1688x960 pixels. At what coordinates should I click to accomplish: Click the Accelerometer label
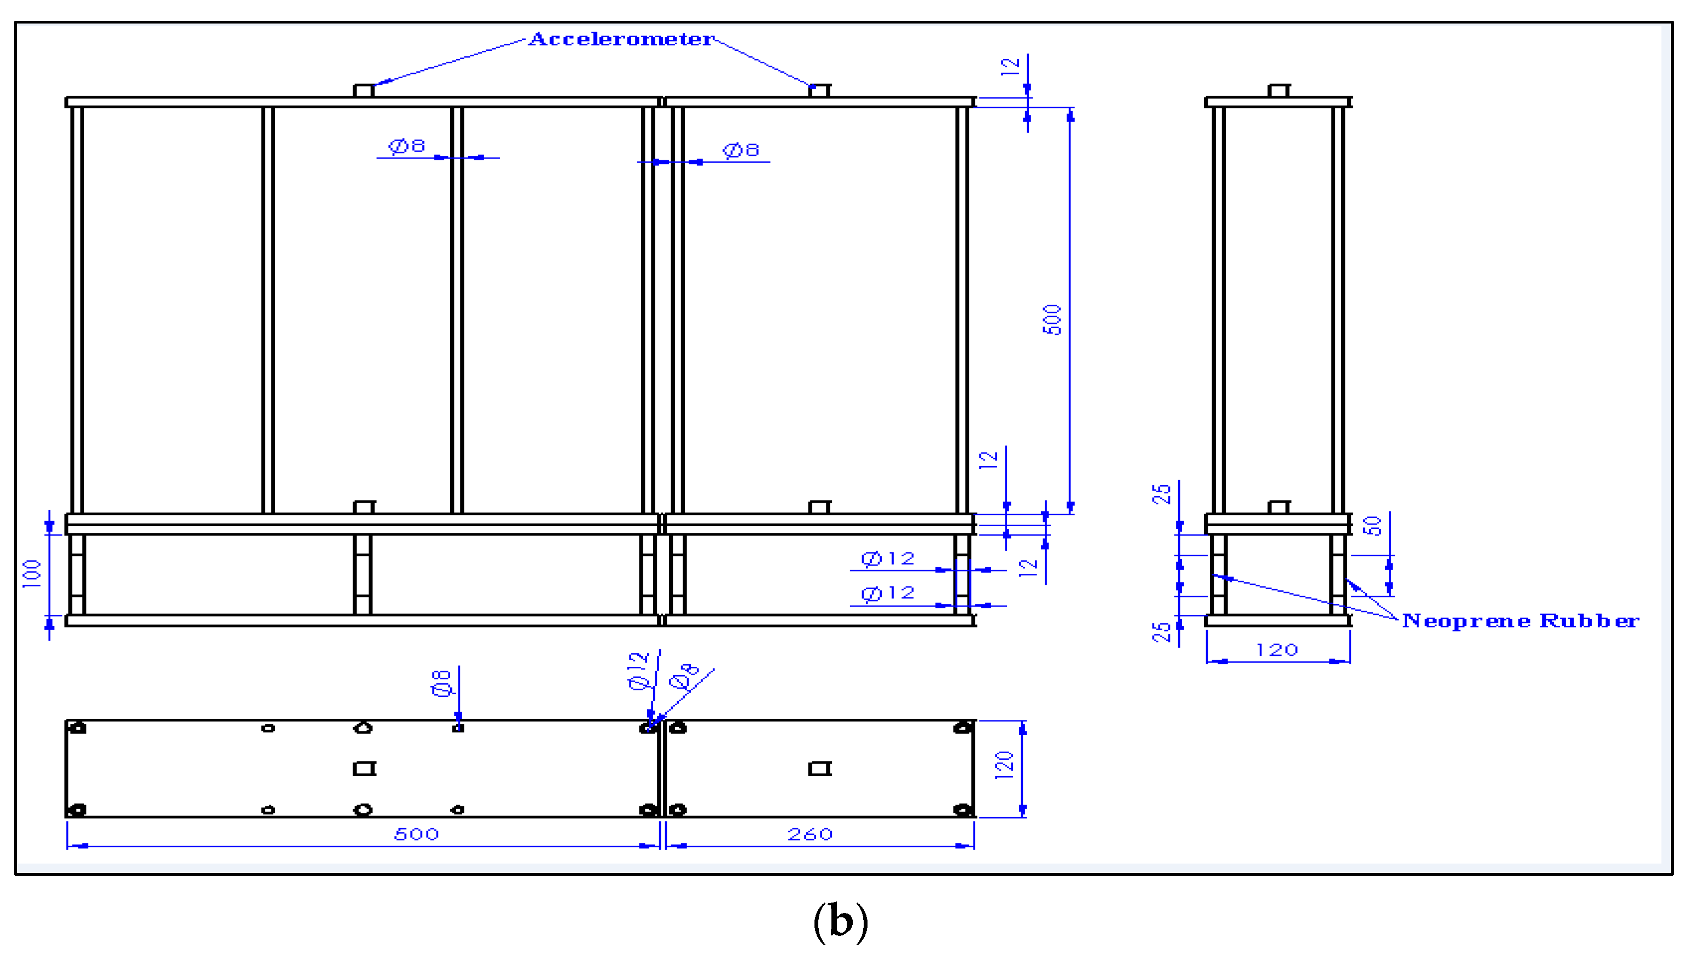pyautogui.click(x=620, y=39)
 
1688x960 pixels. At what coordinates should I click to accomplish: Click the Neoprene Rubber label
pyautogui.click(x=1520, y=621)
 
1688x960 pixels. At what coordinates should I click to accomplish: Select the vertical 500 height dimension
pyautogui.click(x=1052, y=320)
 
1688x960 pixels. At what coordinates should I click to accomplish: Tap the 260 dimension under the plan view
pyautogui.click(x=810, y=834)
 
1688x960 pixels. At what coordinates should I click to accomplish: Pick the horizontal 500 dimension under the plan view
pyautogui.click(x=417, y=834)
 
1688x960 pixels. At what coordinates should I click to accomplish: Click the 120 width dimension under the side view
pyautogui.click(x=1277, y=650)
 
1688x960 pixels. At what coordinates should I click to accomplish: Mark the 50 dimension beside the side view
pyautogui.click(x=1372, y=526)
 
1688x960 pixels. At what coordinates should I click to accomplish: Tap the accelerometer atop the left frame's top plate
pyautogui.click(x=363, y=90)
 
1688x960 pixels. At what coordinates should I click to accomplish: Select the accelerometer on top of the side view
pyautogui.click(x=1279, y=90)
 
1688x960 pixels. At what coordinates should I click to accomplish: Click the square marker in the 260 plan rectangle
pyautogui.click(x=819, y=769)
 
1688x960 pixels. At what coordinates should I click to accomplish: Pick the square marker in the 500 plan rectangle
pyautogui.click(x=364, y=769)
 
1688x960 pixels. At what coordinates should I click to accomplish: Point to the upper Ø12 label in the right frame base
pyautogui.click(x=888, y=559)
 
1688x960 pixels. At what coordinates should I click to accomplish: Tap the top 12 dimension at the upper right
pyautogui.click(x=1010, y=67)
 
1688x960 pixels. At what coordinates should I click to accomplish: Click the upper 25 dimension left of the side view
pyautogui.click(x=1161, y=494)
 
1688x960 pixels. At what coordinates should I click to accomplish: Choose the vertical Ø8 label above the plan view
pyautogui.click(x=441, y=683)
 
